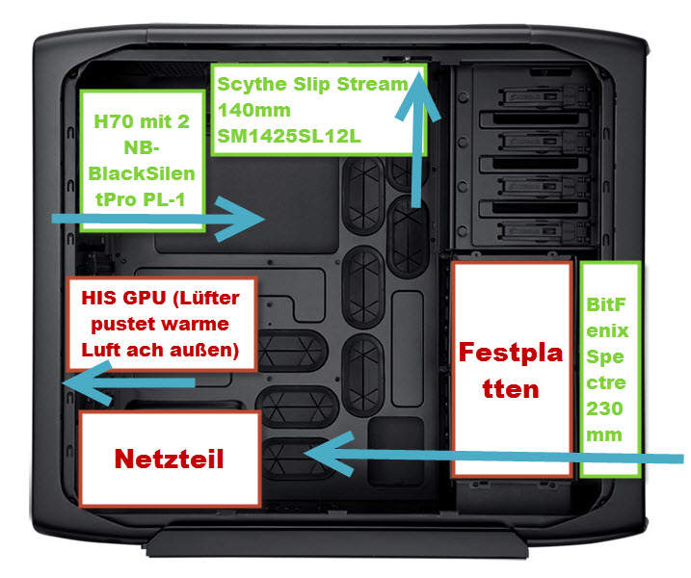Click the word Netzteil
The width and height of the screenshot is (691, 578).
pyautogui.click(x=170, y=459)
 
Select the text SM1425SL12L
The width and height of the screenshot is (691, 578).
pyautogui.click(x=289, y=136)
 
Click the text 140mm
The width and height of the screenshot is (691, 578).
pyautogui.click(x=253, y=110)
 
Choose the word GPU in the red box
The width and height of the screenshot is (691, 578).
pyautogui.click(x=145, y=298)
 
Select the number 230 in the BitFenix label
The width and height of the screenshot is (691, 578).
pyautogui.click(x=604, y=408)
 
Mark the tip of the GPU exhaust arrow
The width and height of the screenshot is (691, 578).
pyautogui.click(x=62, y=382)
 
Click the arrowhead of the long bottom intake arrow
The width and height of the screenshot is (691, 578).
pyautogui.click(x=304, y=453)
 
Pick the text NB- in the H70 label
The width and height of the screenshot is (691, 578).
pyautogui.click(x=142, y=147)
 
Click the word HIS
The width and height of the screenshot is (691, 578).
pyautogui.click(x=98, y=298)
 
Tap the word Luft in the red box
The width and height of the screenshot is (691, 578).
pyautogui.click(x=101, y=350)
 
